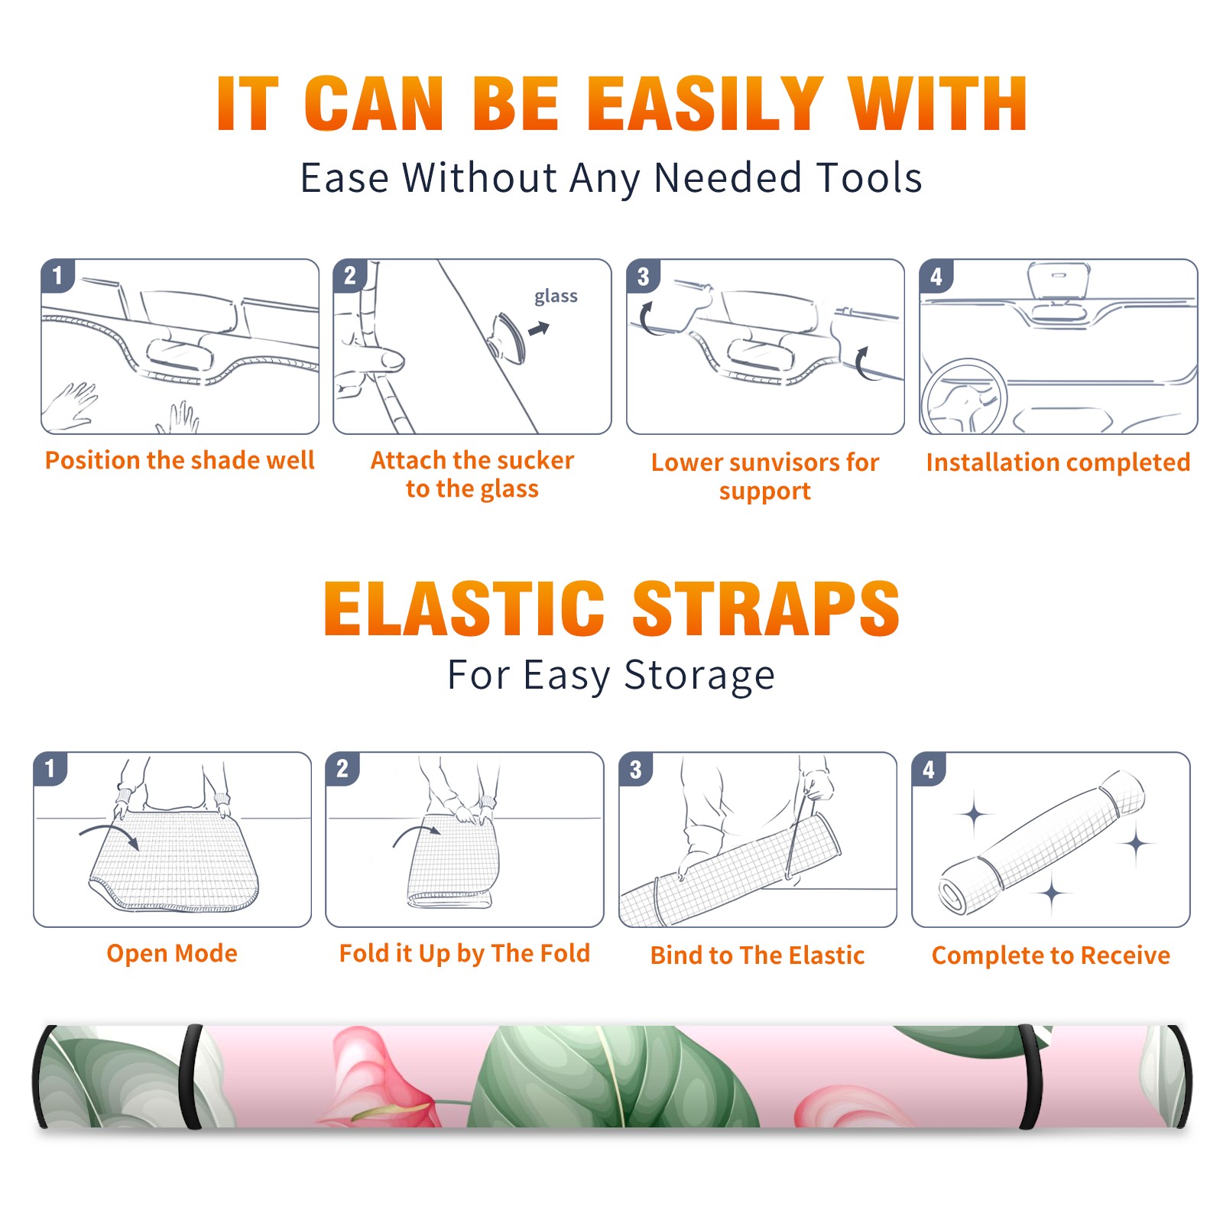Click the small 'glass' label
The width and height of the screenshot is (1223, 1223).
coord(556,297)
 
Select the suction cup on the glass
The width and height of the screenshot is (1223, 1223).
coord(509,337)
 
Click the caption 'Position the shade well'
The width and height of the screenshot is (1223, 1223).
coord(180,460)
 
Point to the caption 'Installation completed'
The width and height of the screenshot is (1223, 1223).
coord(1058,462)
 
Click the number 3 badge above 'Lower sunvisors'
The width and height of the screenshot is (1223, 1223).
coord(643,277)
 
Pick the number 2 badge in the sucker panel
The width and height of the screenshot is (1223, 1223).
coord(350,275)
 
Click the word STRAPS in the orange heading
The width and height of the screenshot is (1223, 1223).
coord(766,608)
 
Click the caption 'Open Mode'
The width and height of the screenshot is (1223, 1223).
coord(172,953)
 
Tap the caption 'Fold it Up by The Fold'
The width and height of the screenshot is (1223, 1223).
coord(465,953)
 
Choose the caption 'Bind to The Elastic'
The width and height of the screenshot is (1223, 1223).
coord(757,955)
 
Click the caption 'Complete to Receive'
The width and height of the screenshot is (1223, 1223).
coord(1051,955)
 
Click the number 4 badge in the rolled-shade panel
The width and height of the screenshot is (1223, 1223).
coord(929,769)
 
